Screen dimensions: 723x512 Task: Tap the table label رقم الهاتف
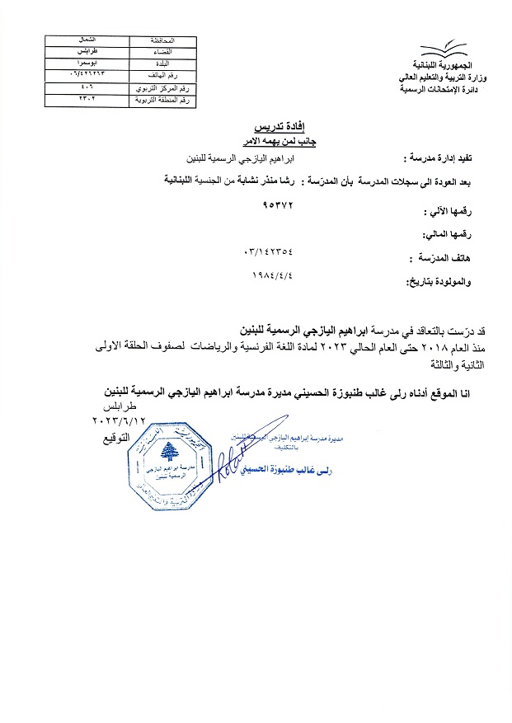tap(160, 74)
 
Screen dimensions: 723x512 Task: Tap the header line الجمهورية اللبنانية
tap(441, 67)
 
